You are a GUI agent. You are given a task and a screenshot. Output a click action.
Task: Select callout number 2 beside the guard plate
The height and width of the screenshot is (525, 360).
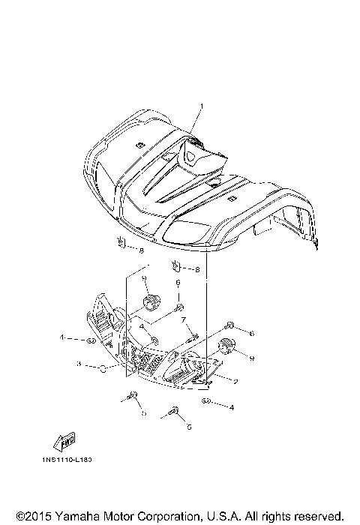(235, 381)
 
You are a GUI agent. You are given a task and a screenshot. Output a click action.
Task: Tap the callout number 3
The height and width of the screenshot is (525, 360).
(78, 364)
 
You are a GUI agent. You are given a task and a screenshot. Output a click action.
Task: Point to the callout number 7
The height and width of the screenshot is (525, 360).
(182, 319)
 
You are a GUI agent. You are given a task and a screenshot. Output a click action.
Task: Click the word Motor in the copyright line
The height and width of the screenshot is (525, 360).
(115, 516)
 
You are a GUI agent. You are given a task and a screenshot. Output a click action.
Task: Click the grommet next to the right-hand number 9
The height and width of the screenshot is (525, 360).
(225, 346)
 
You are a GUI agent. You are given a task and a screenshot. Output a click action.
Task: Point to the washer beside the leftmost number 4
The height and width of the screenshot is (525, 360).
(89, 340)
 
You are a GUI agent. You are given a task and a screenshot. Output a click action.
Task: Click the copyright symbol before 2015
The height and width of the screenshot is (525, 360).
(10, 516)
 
